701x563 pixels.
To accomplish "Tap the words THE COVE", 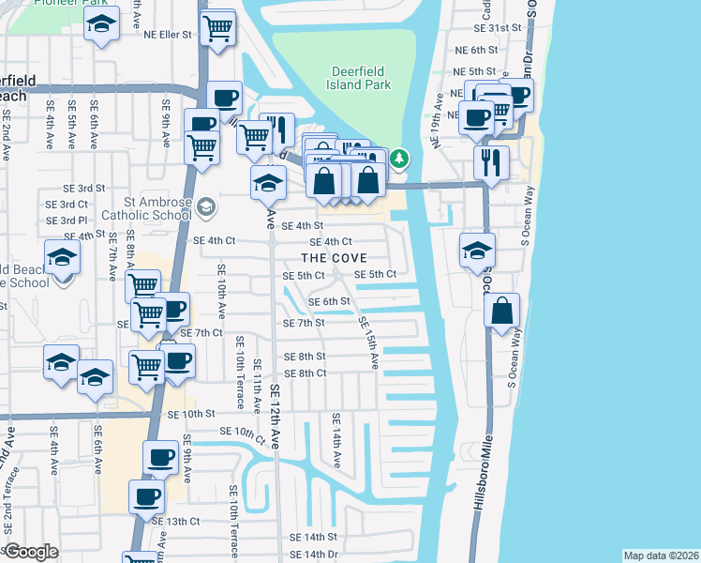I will [334, 258].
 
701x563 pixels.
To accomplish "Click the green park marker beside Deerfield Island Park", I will [400, 159].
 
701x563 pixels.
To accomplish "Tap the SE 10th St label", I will [191, 414].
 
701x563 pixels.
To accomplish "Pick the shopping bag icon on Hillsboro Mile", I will [502, 311].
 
